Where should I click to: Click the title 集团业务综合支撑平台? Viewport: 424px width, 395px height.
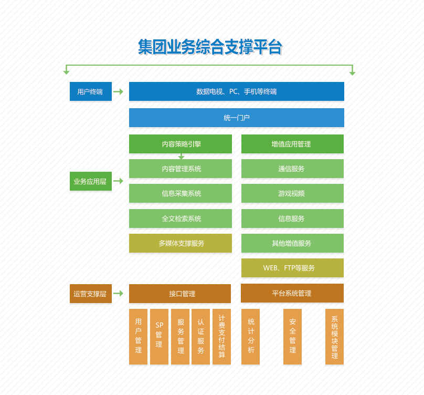(210, 47)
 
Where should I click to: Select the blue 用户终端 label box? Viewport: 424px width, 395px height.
(90, 91)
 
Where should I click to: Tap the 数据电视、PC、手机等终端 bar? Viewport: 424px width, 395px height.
(236, 91)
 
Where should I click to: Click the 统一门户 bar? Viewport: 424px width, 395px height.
(236, 118)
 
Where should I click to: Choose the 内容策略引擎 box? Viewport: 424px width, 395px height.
(181, 143)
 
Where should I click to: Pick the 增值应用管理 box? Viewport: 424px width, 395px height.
(292, 143)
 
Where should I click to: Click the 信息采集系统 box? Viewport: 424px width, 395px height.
(181, 193)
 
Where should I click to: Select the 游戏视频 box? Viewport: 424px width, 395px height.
(292, 193)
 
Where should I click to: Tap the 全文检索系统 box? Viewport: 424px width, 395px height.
(181, 219)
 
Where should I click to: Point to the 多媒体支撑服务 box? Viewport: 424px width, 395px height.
(181, 243)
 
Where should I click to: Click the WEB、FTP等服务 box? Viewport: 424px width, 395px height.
(292, 268)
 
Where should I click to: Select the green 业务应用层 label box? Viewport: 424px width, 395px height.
(90, 181)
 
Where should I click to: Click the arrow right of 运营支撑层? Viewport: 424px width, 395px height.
(118, 294)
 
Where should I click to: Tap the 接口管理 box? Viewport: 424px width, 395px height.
(180, 294)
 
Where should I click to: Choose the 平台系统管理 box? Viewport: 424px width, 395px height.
(292, 293)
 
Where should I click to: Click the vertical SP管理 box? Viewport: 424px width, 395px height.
(159, 336)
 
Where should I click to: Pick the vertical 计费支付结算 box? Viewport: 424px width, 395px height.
(222, 336)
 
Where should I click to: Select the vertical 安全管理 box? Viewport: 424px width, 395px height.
(292, 336)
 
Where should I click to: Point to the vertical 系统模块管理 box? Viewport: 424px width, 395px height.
(334, 336)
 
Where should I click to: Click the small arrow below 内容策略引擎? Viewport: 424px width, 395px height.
(181, 156)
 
